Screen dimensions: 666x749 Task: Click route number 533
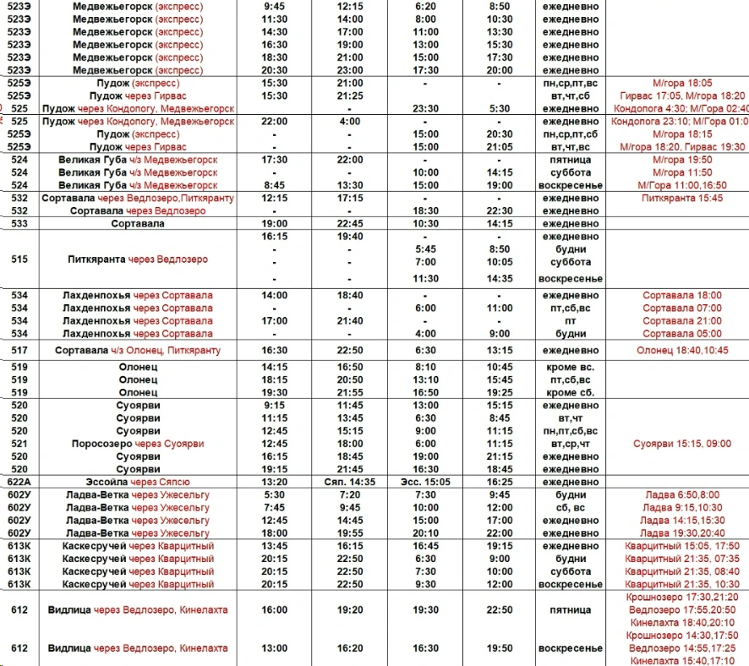coord(19,224)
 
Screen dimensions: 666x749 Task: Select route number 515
coord(19,259)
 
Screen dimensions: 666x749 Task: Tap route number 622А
coord(19,482)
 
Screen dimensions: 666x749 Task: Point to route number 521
coord(19,444)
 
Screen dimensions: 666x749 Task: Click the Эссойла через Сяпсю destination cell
coord(136,482)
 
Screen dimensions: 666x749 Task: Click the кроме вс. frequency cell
coord(571,368)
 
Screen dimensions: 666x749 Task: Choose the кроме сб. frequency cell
coord(571,393)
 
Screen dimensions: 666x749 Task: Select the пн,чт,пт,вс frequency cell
coord(571,431)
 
